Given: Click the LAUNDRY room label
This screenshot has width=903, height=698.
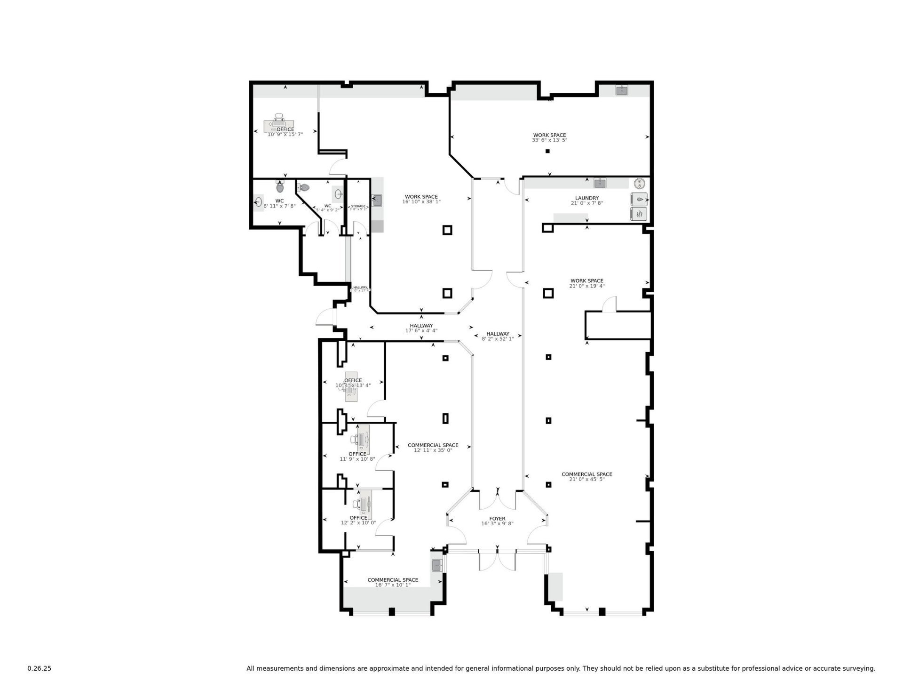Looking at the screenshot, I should coord(586,198).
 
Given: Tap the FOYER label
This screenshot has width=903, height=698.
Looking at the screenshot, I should coord(497,519).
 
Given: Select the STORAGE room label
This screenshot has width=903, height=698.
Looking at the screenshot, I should coord(358,206).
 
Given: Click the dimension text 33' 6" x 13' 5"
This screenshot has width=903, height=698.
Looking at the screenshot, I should coord(549,140).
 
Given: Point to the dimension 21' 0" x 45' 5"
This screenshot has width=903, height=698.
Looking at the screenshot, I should coord(586,479).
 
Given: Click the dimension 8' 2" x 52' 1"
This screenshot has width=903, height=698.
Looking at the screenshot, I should coord(498,338).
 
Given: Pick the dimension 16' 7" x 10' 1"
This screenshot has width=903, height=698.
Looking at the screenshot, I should coord(393,585).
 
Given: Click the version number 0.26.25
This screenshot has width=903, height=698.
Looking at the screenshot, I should coord(39,668).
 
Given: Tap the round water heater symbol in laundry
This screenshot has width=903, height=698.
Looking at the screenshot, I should coord(639,183).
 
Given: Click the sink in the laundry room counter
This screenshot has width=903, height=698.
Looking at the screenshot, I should coord(599,183).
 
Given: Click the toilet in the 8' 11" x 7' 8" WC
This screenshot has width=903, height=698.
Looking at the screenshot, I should coord(280,187).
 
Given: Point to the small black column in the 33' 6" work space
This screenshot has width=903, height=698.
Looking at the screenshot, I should coord(547,151).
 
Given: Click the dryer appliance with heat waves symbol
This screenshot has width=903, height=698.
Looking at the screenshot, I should coord(639,214).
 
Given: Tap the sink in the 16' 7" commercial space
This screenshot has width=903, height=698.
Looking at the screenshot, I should coord(436,565).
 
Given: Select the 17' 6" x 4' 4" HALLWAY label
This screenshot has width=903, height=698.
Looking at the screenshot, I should coord(421,326).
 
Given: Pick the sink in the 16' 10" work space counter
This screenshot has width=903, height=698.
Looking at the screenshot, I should coord(377,201).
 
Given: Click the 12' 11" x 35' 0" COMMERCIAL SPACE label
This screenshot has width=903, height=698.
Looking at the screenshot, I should coord(433,445).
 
